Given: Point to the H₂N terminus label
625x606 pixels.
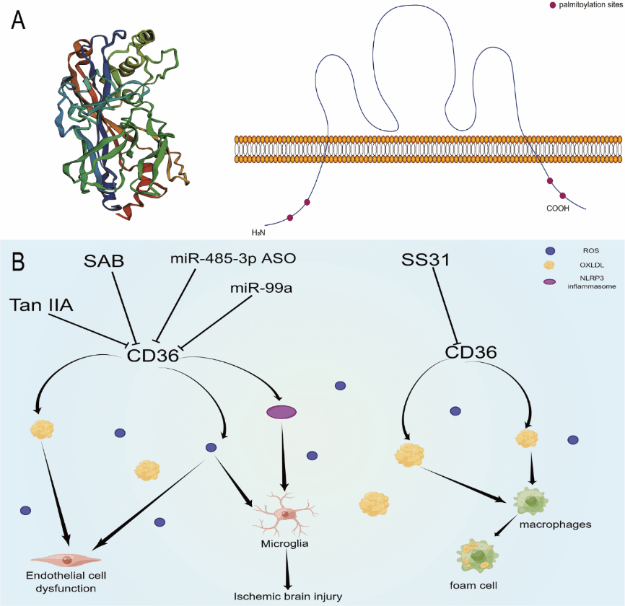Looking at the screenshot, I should [258, 232].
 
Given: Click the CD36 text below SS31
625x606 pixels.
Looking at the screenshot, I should [471, 352].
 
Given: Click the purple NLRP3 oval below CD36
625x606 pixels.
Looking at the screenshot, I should [281, 412].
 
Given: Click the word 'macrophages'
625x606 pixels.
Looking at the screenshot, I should [555, 524].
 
